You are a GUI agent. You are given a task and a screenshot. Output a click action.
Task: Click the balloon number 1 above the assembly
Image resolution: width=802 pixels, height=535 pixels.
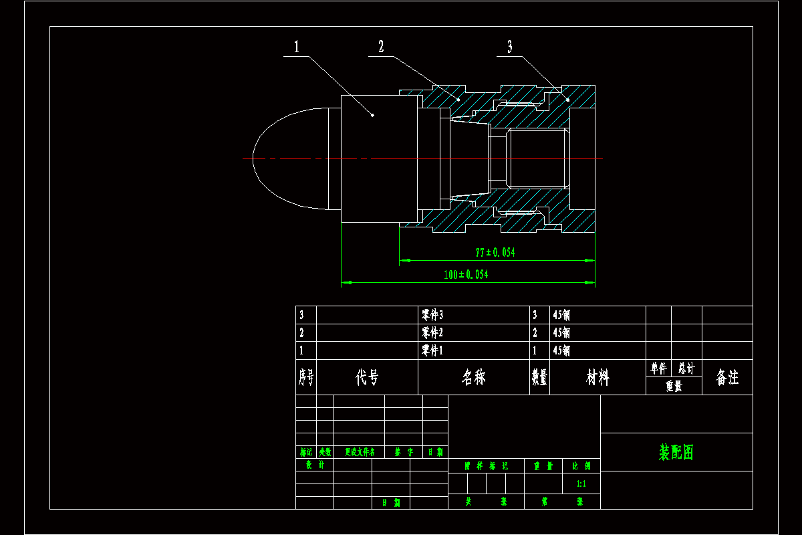(x=297, y=47)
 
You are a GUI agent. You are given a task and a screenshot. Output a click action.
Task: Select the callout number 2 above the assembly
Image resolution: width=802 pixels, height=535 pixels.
(x=381, y=47)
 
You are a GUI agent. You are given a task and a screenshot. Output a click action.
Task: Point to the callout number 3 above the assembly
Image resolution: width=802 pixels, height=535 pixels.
(x=510, y=47)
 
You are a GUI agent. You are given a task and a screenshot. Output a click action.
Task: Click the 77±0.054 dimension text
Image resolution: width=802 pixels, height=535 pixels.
(x=495, y=253)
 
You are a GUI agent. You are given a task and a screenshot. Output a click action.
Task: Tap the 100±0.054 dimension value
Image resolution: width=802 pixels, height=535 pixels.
(x=466, y=274)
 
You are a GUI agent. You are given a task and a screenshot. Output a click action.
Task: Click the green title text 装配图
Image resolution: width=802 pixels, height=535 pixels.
(x=676, y=453)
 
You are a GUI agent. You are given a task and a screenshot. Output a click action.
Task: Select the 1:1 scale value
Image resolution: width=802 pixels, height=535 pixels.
(x=581, y=484)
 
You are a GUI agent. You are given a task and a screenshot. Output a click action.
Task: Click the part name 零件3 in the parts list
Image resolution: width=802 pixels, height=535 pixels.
(x=432, y=314)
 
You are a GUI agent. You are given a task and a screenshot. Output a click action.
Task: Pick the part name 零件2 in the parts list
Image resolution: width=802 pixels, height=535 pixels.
(x=432, y=332)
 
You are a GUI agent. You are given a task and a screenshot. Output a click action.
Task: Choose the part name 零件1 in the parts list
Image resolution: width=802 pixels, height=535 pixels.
(x=432, y=350)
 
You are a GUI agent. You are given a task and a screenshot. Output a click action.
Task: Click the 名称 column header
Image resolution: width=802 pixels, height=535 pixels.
(x=474, y=378)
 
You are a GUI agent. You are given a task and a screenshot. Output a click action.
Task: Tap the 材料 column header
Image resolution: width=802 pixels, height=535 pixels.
(x=597, y=378)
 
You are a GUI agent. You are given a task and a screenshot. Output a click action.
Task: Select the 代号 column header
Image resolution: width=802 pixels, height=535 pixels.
(x=367, y=378)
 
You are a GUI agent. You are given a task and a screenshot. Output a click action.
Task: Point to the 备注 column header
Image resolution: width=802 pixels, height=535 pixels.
(x=727, y=378)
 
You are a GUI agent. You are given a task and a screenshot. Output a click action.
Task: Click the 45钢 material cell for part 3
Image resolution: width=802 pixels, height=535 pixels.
(x=561, y=314)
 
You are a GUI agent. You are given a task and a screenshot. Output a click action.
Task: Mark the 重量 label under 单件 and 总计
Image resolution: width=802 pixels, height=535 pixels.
(x=674, y=386)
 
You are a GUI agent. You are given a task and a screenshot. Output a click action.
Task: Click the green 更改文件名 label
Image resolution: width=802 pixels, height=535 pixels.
(x=360, y=452)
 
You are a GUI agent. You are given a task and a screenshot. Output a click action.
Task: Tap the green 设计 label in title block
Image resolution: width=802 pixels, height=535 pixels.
(x=315, y=464)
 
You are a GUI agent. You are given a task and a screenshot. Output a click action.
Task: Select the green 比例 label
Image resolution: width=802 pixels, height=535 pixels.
(x=581, y=465)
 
